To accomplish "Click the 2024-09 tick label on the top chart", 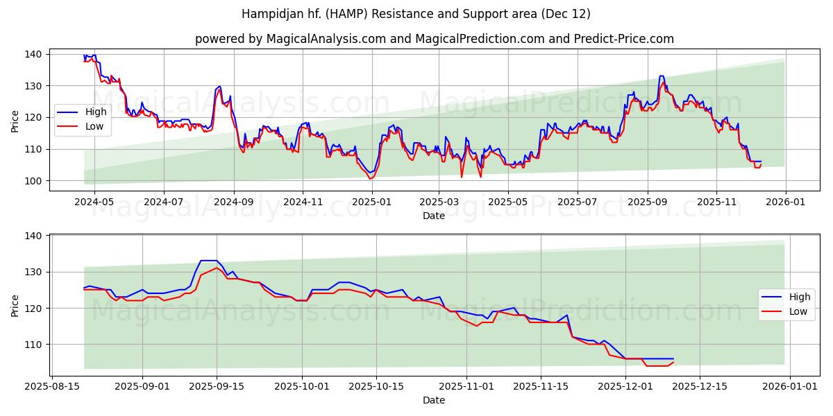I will point(234,202).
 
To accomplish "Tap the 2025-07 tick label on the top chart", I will point(578,202).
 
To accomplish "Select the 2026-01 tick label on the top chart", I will point(785,202).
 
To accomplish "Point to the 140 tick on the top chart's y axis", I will point(33,54).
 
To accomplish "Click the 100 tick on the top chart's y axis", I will point(33,181).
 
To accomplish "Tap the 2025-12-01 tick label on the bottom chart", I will point(625,386).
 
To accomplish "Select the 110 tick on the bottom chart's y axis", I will point(33,345).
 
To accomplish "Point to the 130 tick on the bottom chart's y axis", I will point(33,272).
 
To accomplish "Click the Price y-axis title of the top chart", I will point(15,121).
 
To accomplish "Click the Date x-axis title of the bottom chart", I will point(434,400).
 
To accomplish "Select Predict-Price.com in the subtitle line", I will point(623,39).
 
